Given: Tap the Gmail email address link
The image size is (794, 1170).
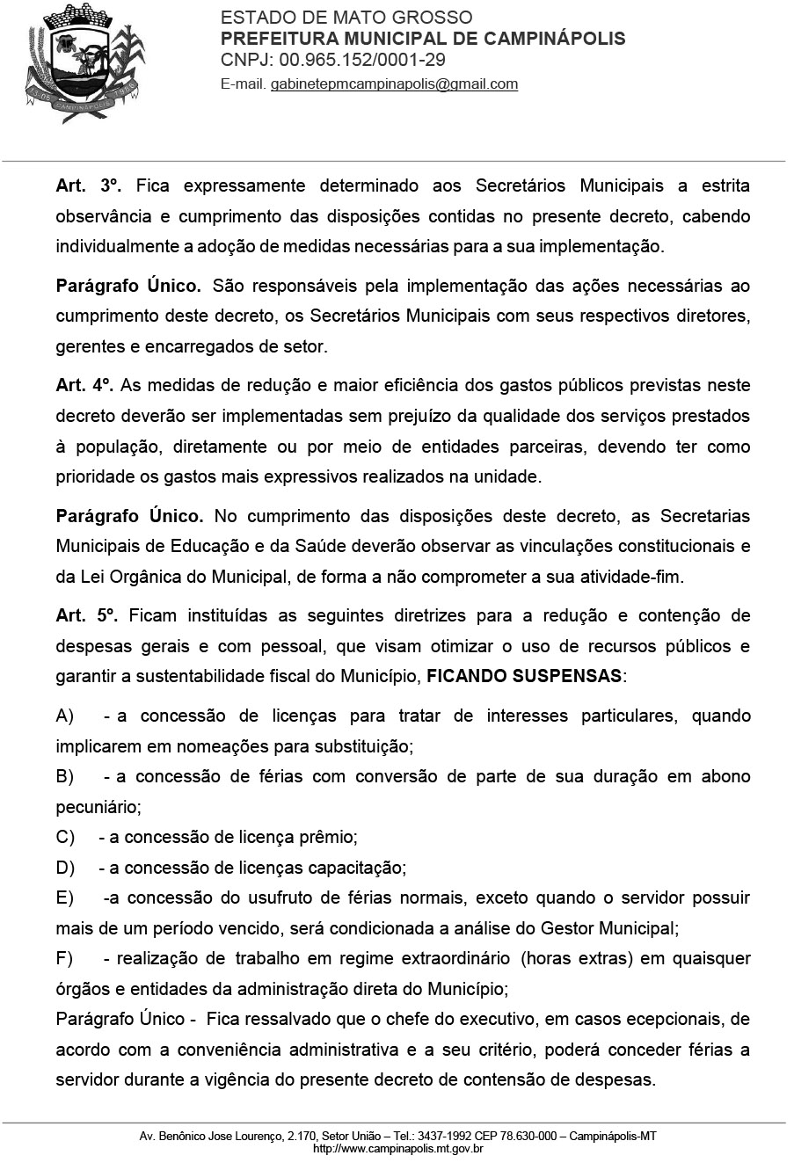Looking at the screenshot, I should coord(394,84).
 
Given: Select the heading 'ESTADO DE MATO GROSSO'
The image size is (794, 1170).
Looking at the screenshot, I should coord(346,18).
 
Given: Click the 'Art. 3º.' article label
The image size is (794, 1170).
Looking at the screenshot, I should coord(88,186).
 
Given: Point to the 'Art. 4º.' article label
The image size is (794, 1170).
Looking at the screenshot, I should coord(84,385).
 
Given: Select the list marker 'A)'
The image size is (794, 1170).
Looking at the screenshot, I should coord(65,716).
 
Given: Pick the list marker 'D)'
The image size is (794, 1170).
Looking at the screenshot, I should coord(65,868).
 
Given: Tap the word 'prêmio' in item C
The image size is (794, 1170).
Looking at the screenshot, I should coord(331,838).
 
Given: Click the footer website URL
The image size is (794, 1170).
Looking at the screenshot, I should coord(397,1148).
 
